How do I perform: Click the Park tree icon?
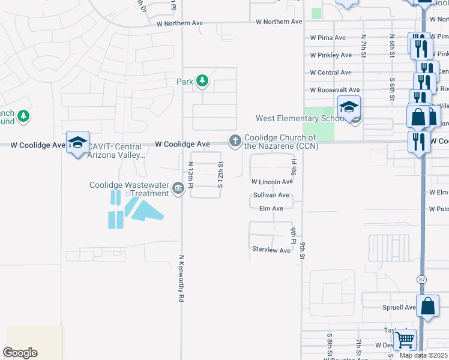[202, 81]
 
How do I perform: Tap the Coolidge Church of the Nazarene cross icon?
[234, 141]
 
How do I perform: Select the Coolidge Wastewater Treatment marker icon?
[178, 189]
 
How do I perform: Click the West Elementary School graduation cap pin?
[349, 107]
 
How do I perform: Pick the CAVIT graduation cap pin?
[77, 143]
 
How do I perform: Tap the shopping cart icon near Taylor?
[405, 340]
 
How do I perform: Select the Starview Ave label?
[271, 250]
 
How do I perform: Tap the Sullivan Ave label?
[271, 196]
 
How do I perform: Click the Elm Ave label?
[271, 209]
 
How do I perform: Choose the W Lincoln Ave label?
[272, 181]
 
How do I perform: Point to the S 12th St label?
[220, 174]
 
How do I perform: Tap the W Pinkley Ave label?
[331, 55]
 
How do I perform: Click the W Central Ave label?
[331, 73]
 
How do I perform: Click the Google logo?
[20, 353]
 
